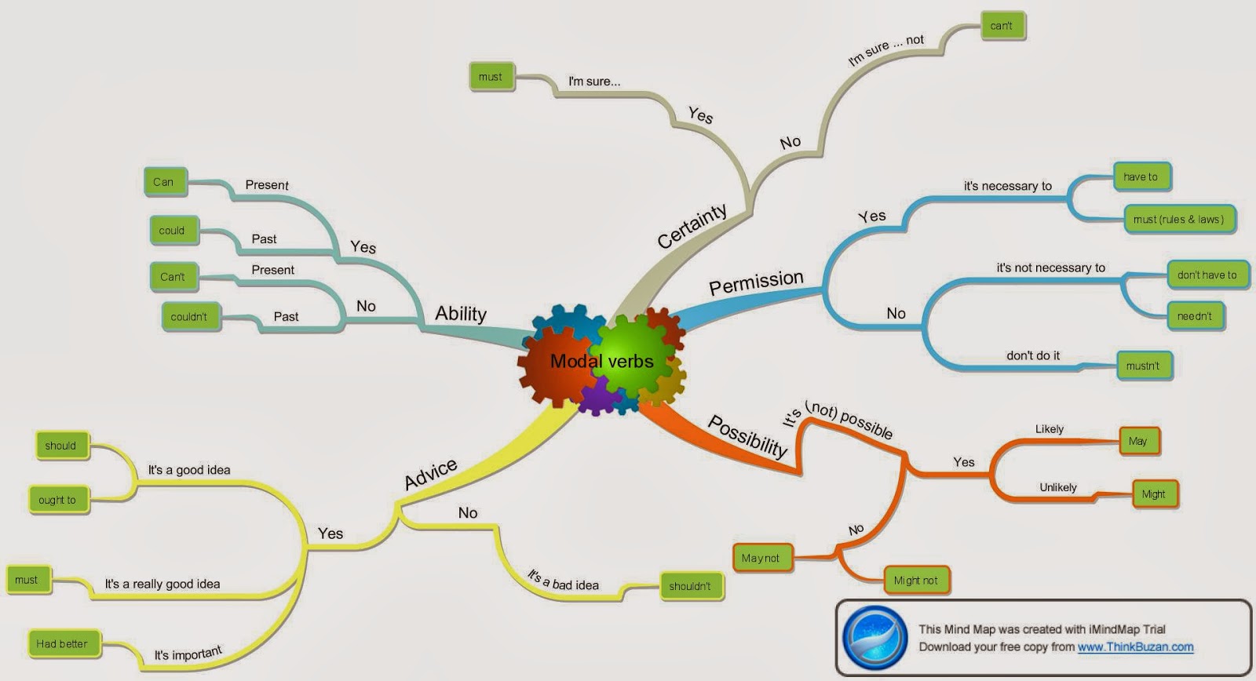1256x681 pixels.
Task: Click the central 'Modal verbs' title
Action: coord(601,362)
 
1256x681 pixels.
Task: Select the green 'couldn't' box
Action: coord(188,317)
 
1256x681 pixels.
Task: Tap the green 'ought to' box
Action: coord(57,500)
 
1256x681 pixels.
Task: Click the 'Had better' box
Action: coord(62,644)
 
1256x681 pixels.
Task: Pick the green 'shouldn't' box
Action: coord(689,586)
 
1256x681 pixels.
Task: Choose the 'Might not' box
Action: coord(915,581)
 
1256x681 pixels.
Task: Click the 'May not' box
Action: coord(761,558)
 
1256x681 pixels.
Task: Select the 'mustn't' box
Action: coord(1142,366)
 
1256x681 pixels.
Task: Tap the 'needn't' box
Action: coord(1194,316)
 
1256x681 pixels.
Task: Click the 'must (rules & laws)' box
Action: coord(1178,220)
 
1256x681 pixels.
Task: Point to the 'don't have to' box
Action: coord(1207,275)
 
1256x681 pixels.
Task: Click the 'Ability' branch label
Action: coord(461,314)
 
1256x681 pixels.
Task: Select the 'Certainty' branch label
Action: coord(692,226)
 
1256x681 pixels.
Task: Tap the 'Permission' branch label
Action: coord(756,282)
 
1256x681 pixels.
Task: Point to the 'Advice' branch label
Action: coord(430,474)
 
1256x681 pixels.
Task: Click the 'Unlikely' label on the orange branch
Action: coord(1058,487)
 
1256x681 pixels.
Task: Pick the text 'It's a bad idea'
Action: coord(563,581)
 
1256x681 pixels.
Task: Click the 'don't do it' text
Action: coord(1033,355)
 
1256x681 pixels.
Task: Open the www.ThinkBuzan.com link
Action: coord(1135,647)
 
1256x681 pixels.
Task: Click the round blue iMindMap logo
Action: coord(874,638)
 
